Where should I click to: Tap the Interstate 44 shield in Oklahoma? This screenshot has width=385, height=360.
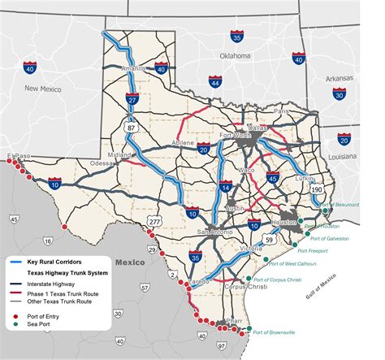coord(214,82)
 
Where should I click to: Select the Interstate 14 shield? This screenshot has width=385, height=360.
coord(225,187)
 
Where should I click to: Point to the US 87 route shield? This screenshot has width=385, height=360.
coord(131,127)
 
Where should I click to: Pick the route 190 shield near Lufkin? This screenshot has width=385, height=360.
coord(316,189)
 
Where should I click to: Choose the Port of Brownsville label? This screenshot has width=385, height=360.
coord(275,333)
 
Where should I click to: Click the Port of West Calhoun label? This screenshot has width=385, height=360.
coord(296,264)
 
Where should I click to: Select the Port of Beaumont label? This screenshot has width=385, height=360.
coord(340,206)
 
